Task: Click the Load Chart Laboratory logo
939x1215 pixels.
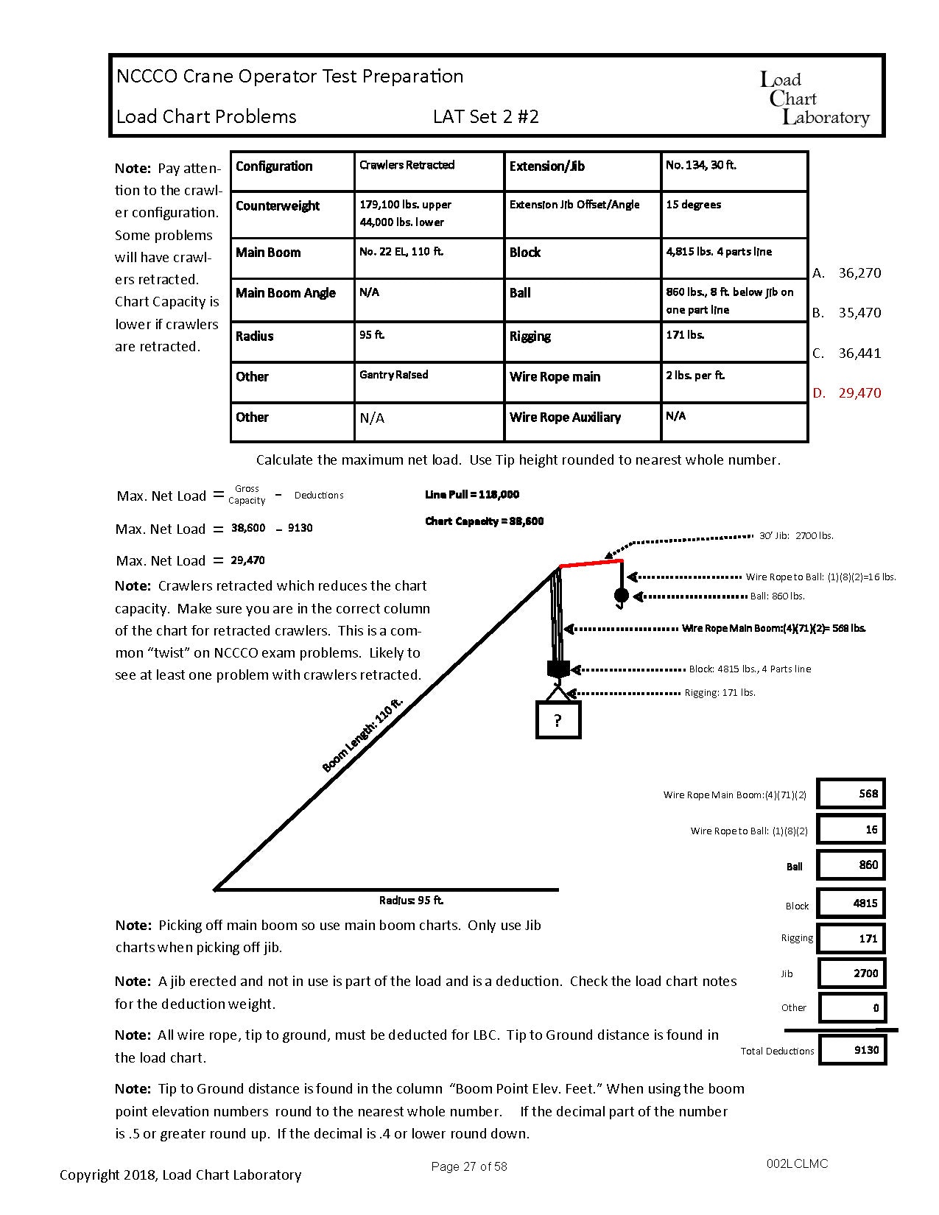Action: pyautogui.click(x=815, y=98)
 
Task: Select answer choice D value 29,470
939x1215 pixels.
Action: pyautogui.click(x=859, y=392)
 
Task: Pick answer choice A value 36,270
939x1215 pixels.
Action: pyautogui.click(x=859, y=272)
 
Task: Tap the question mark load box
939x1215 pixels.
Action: pyautogui.click(x=558, y=720)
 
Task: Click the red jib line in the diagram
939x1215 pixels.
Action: pyautogui.click(x=591, y=563)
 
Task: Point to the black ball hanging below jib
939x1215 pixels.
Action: pyautogui.click(x=621, y=595)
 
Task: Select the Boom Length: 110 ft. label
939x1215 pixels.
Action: pyautogui.click(x=362, y=736)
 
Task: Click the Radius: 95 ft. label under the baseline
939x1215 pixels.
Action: pyautogui.click(x=411, y=900)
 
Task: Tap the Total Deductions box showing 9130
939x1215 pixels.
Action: pyautogui.click(x=852, y=1050)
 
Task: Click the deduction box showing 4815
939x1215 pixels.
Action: pyautogui.click(x=852, y=903)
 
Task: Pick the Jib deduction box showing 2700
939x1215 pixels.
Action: pyautogui.click(x=852, y=973)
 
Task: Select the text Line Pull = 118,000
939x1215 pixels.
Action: pyautogui.click(x=472, y=495)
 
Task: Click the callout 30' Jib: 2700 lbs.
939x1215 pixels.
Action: pyautogui.click(x=796, y=535)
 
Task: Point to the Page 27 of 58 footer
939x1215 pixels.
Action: pyautogui.click(x=468, y=1166)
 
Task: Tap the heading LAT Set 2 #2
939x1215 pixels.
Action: pyautogui.click(x=486, y=116)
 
